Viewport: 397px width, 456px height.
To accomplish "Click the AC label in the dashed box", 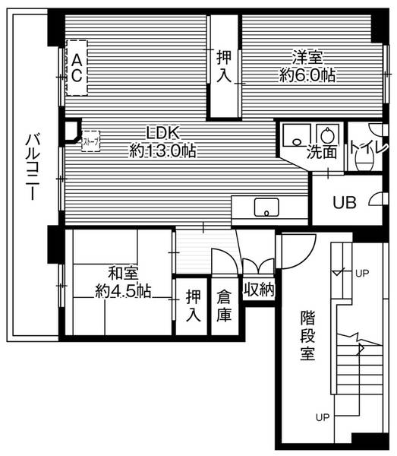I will (77, 67).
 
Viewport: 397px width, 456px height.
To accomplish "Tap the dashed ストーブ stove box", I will (90, 140).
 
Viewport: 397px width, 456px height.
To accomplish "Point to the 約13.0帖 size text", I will (162, 150).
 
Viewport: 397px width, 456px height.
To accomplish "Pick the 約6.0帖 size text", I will (307, 75).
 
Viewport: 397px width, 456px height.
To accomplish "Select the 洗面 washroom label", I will (322, 152).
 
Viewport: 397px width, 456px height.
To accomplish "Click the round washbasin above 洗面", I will (328, 134).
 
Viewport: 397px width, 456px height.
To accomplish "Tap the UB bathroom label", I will (345, 201).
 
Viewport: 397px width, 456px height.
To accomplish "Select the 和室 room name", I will (122, 272).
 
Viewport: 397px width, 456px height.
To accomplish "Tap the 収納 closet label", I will (258, 289).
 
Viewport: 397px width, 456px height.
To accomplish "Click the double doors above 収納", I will (258, 266).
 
